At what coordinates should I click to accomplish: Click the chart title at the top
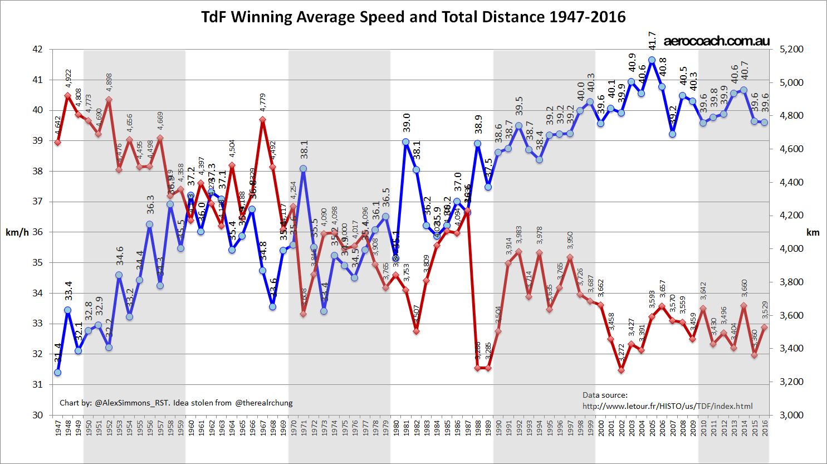(x=413, y=17)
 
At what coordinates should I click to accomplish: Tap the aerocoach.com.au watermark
(x=717, y=41)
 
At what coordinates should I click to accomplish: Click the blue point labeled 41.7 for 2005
(x=652, y=60)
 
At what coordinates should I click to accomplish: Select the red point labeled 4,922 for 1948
(x=68, y=95)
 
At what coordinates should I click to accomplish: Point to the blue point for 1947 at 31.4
(x=58, y=373)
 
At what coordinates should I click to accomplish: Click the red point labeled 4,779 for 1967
(x=262, y=120)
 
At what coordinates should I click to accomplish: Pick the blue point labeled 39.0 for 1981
(x=405, y=142)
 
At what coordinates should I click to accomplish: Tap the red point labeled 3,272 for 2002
(x=622, y=370)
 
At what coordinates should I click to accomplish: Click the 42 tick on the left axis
(x=37, y=49)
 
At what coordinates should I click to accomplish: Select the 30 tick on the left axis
(x=37, y=415)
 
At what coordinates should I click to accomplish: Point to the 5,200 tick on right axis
(x=791, y=49)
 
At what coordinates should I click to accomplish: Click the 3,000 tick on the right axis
(x=791, y=415)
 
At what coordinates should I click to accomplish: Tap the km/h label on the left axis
(x=17, y=232)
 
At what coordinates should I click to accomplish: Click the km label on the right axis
(x=813, y=232)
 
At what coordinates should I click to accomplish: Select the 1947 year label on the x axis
(x=58, y=428)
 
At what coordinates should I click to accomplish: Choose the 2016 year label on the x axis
(x=765, y=428)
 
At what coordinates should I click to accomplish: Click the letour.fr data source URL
(x=667, y=406)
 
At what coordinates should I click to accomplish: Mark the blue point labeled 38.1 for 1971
(x=303, y=168)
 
